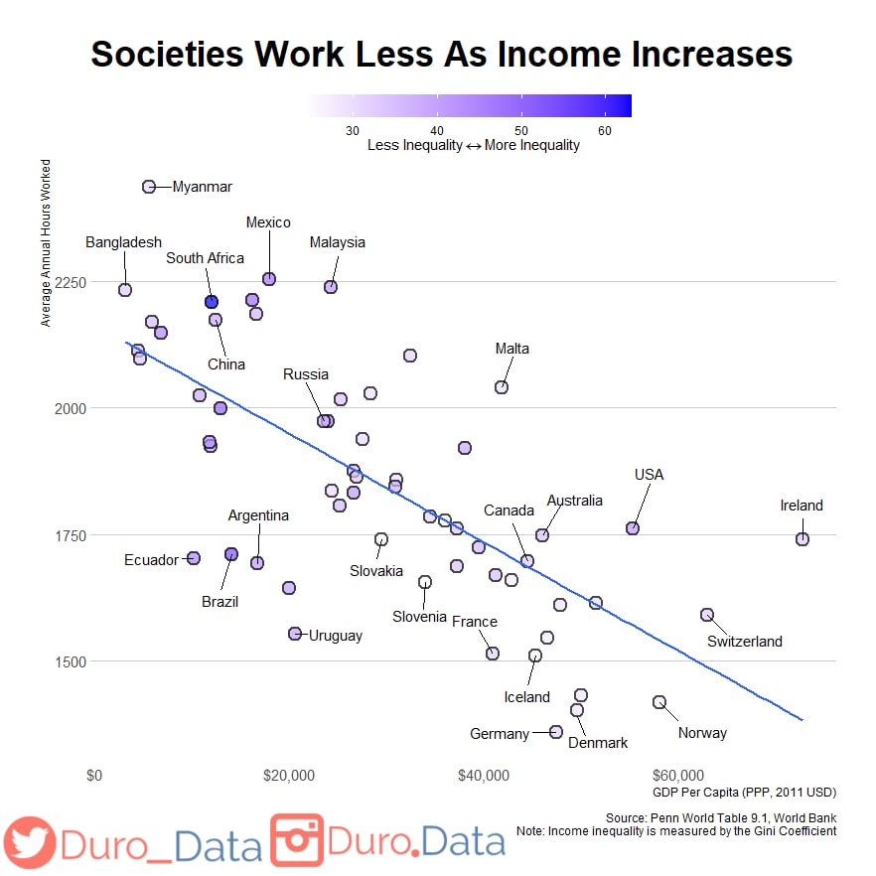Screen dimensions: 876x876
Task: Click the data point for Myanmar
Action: pos(149,187)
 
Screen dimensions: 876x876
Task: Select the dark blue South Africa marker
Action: pos(212,302)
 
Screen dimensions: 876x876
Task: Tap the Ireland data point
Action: pos(803,539)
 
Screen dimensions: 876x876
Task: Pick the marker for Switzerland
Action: pos(707,615)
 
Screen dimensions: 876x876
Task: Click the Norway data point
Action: pos(659,702)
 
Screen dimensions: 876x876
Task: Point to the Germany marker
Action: pos(556,732)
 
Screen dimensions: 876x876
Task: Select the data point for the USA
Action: pos(633,528)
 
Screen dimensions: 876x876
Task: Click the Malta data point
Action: pos(502,387)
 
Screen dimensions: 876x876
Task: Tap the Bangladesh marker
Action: pos(125,290)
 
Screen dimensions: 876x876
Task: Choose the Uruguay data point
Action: pos(295,634)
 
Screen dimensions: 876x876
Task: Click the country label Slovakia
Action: pos(376,571)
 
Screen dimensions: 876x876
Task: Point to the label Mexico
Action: pos(268,222)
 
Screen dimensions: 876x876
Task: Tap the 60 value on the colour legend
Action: pos(605,130)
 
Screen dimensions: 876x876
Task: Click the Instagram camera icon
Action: pos(297,839)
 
